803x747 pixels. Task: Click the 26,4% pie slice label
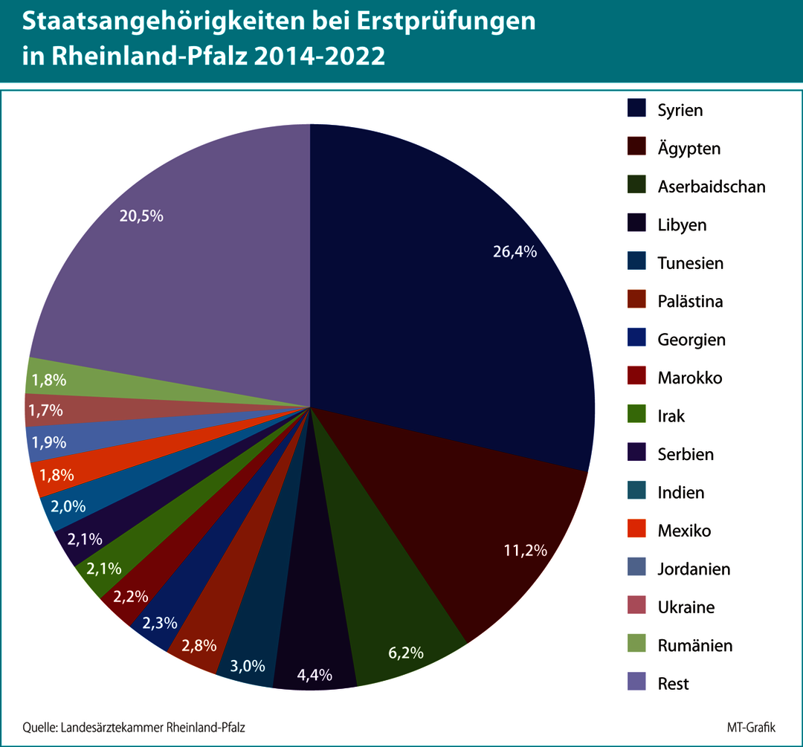pos(515,252)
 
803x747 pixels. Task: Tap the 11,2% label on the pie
pos(526,551)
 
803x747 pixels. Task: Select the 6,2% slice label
pos(406,653)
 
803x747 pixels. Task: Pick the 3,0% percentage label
pos(248,666)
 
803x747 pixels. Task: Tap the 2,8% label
pos(199,644)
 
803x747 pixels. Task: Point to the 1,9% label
pos(48,442)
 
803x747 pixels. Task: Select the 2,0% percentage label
pos(68,506)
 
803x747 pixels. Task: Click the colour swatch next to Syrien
pos(636,109)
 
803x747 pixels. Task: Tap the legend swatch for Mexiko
pos(636,529)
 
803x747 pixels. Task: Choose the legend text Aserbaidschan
pos(711,187)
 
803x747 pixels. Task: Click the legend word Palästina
pos(690,301)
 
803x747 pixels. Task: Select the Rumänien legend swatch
pos(636,644)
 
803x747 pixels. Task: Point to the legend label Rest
pos(673,683)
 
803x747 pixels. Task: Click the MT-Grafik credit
pos(756,726)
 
